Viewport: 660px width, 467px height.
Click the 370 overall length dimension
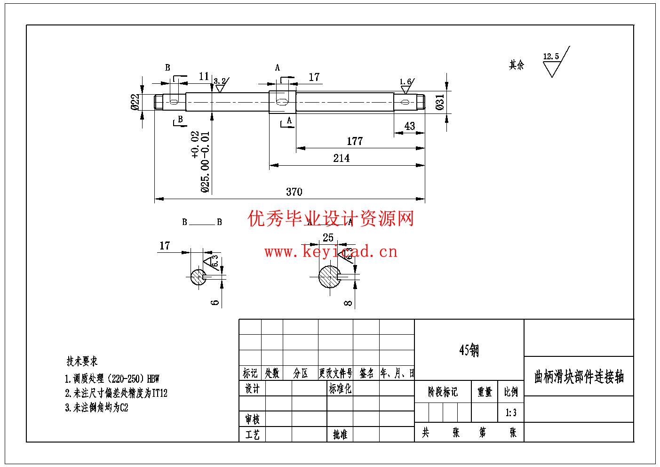294,192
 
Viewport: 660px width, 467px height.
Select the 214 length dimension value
342,158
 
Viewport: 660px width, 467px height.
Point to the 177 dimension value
355,141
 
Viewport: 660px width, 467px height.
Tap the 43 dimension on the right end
409,126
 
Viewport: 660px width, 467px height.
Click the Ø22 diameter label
135,102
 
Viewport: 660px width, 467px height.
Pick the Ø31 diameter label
440,102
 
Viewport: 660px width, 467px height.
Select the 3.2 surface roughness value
220,81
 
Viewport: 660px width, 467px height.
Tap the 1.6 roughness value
405,82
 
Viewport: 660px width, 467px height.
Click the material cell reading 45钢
469,350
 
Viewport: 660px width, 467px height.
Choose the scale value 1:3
511,413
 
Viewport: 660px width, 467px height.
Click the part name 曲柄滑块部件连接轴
579,377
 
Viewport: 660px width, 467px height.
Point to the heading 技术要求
82,362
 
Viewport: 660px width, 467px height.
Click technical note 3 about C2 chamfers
96,408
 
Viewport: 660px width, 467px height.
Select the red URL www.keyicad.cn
331,252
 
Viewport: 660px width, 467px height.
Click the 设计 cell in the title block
252,389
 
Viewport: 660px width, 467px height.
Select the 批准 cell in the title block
340,435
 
